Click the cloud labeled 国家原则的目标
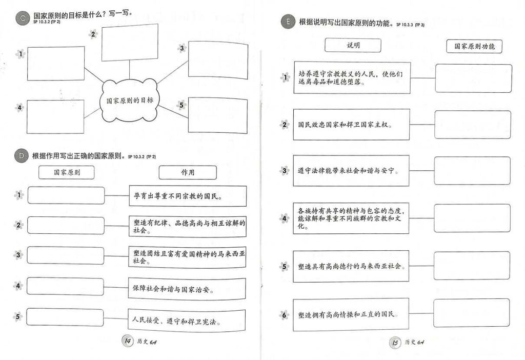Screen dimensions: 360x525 coord(129,101)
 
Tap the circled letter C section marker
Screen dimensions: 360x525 coord(22,18)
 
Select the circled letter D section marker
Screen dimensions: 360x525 coord(21,156)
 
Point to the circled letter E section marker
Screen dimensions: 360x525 coord(288,22)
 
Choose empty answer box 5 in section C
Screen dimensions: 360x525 coord(217,115)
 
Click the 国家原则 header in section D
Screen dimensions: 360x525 coord(67,173)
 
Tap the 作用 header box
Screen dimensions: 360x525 coord(187,172)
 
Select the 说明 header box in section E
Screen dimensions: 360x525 coord(353,46)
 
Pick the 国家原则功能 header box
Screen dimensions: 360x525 coord(474,46)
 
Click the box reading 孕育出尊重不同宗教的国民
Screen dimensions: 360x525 coord(187,196)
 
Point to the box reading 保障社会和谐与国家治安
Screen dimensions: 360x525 coord(186,289)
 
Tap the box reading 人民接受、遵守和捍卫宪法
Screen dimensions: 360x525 coord(186,321)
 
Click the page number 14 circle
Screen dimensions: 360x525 coord(126,342)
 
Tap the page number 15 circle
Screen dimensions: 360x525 coord(394,343)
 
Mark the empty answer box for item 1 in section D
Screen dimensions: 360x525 coord(66,195)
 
